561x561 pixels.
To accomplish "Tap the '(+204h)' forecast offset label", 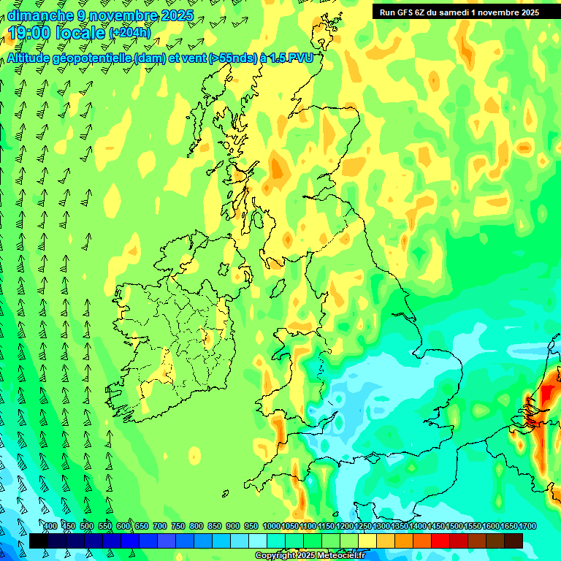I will click(x=130, y=33).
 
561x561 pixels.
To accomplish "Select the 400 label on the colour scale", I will click(x=50, y=527).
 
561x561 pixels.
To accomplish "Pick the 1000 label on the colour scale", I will click(x=271, y=527).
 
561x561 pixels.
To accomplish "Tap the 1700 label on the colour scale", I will click(x=508, y=527).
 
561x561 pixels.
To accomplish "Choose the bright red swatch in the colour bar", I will click(x=440, y=541).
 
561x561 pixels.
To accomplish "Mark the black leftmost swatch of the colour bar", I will click(x=39, y=541).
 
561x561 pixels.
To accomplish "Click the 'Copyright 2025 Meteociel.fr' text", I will click(x=310, y=556).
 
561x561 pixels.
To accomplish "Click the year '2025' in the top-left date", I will click(x=176, y=15).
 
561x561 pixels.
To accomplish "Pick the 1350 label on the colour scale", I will click(x=399, y=527).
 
